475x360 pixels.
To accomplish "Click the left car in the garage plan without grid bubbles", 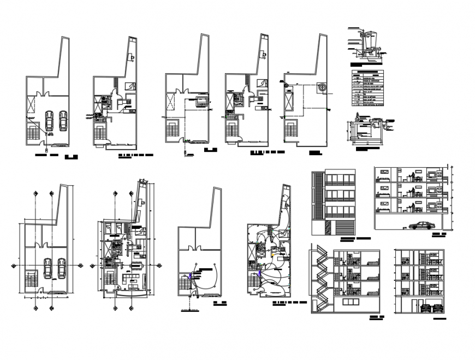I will pos(49,121).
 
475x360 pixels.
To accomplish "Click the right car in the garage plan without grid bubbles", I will pos(63,121).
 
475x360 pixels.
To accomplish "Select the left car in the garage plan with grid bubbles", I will pos(47,268).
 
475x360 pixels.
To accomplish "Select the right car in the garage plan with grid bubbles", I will pos(61,268).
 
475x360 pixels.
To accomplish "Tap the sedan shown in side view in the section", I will pos(420,225).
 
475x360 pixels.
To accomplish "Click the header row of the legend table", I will pos(367,72).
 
